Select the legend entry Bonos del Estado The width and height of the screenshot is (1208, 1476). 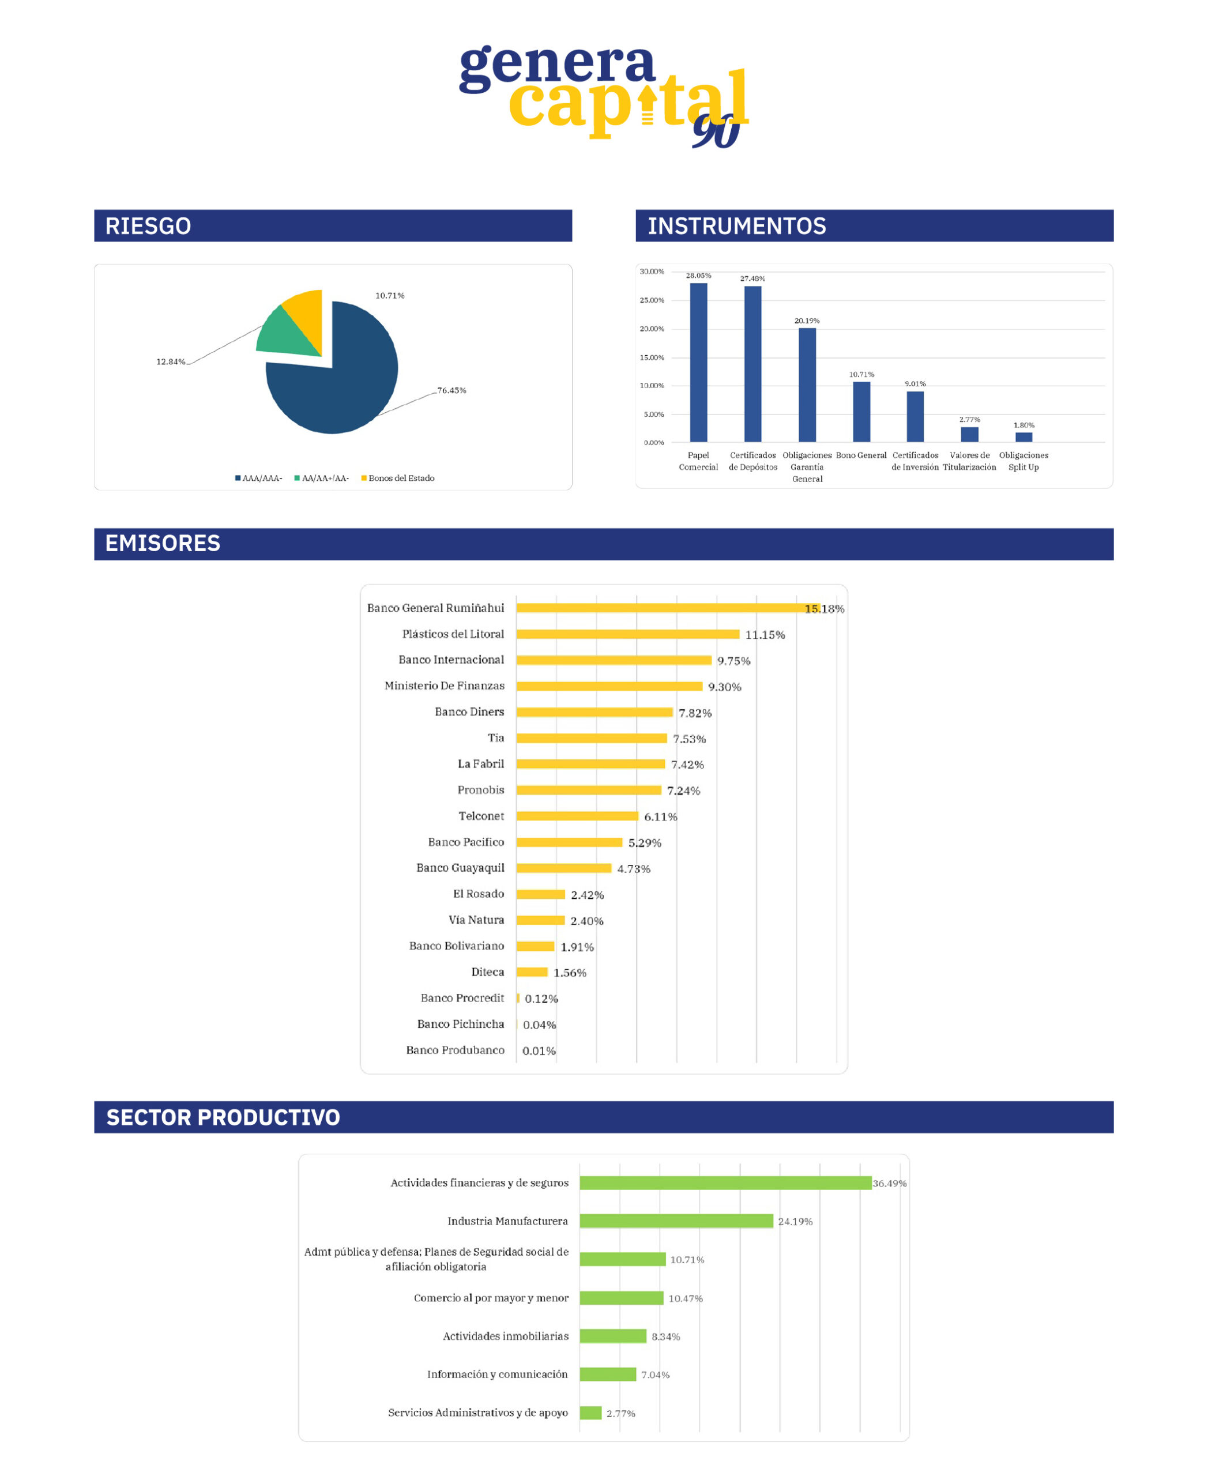pyautogui.click(x=401, y=478)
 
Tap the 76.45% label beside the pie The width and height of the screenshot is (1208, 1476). pyautogui.click(x=451, y=390)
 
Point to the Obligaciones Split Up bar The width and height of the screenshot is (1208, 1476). pyautogui.click(x=1023, y=437)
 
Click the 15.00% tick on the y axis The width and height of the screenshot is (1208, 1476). pyautogui.click(x=652, y=357)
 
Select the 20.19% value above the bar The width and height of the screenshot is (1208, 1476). pyautogui.click(x=807, y=321)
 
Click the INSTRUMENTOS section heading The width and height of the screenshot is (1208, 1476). pyautogui.click(x=736, y=226)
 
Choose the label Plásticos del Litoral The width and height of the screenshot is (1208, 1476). pyautogui.click(x=453, y=634)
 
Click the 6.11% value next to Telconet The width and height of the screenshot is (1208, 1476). pyautogui.click(x=660, y=817)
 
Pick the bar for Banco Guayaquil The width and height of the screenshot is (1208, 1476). pyautogui.click(x=564, y=868)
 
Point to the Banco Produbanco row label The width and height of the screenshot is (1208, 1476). pyautogui.click(x=455, y=1050)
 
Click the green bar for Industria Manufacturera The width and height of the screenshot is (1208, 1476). pyautogui.click(x=676, y=1221)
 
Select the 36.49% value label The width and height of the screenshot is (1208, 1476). pyautogui.click(x=889, y=1184)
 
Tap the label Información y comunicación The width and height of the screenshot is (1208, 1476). pyautogui.click(x=497, y=1375)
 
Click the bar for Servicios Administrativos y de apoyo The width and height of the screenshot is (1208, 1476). pyautogui.click(x=590, y=1413)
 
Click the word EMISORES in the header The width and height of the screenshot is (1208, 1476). pyautogui.click(x=162, y=544)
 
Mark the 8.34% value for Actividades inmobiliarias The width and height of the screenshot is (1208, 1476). pyautogui.click(x=665, y=1337)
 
